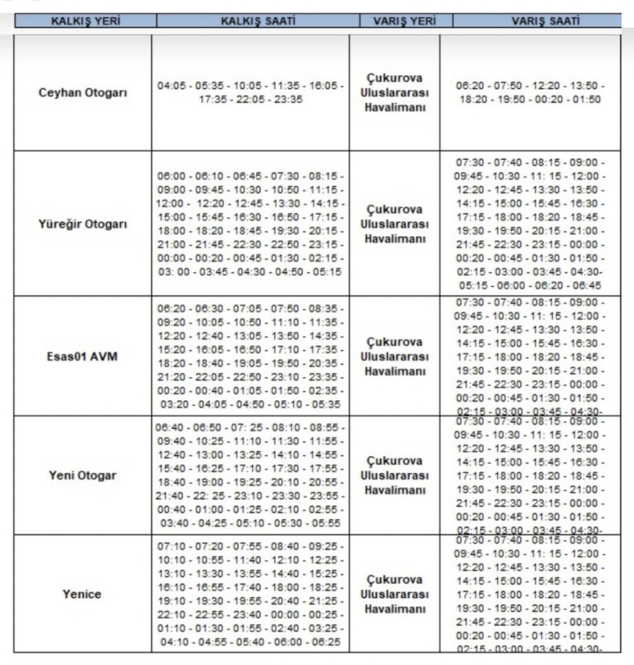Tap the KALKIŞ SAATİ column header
tap(250, 20)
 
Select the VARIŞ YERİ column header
tap(395, 20)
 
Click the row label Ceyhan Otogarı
tap(82, 92)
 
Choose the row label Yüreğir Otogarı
tap(82, 224)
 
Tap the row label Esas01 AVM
tap(82, 356)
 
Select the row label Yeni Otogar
tap(82, 475)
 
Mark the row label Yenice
tap(82, 594)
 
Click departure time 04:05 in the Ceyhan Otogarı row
tap(172, 86)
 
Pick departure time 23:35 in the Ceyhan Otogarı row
tap(286, 100)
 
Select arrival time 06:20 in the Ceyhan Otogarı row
tap(471, 86)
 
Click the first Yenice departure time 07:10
tap(172, 547)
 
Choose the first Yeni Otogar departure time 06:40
tap(171, 428)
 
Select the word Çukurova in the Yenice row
tap(395, 580)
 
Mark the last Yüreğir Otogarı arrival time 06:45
tap(585, 287)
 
